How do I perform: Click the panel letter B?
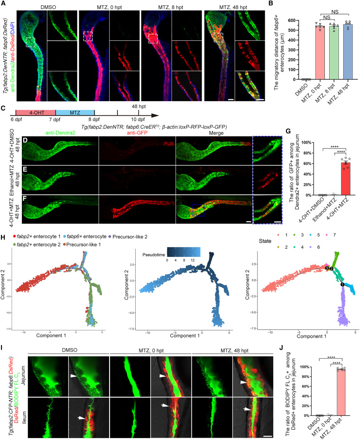click(274, 4)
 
